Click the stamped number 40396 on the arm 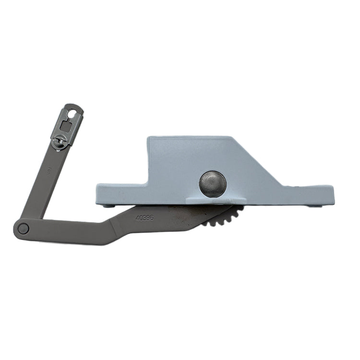[144, 217]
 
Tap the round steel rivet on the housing [213, 183]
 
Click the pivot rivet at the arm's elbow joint [23, 228]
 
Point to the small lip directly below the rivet [213, 199]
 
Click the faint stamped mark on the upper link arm [48, 169]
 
